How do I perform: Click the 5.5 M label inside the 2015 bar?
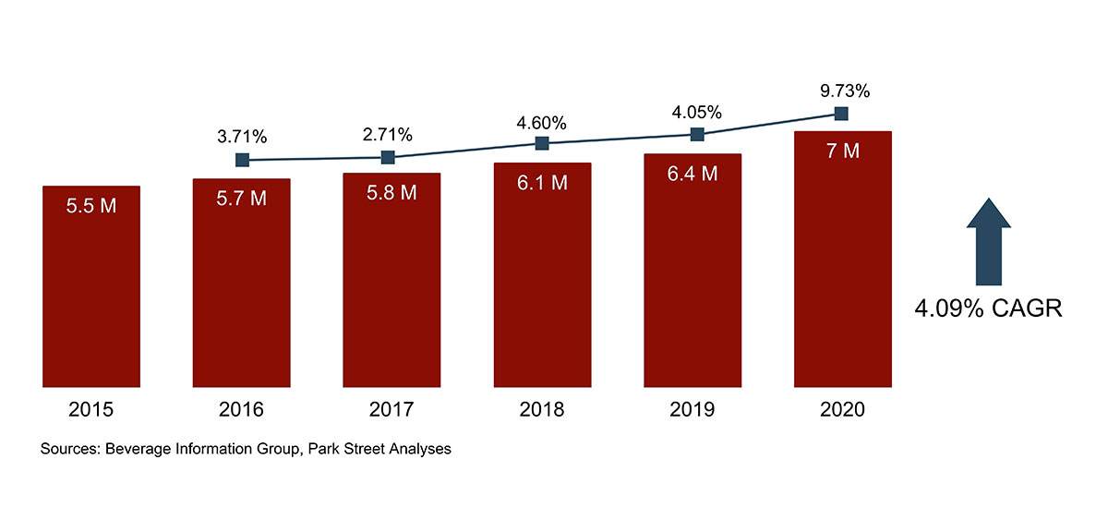[x=90, y=206]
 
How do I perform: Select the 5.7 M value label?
[x=241, y=199]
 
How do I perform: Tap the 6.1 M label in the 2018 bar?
[x=542, y=183]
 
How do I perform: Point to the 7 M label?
[x=842, y=151]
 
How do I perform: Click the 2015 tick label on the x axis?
[x=90, y=410]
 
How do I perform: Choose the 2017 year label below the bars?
[x=391, y=410]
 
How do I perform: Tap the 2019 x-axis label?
[x=692, y=410]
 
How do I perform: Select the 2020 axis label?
[x=842, y=410]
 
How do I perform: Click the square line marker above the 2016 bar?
[x=242, y=160]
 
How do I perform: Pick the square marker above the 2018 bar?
[x=542, y=143]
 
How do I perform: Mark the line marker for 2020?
[x=841, y=114]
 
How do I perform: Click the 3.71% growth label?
[x=242, y=138]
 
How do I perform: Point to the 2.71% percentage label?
[x=388, y=135]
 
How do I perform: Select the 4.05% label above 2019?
[x=697, y=113]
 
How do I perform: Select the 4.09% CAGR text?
[x=988, y=308]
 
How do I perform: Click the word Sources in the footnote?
[x=70, y=451]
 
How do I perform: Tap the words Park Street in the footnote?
[x=355, y=451]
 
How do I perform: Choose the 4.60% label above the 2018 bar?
[x=541, y=123]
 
